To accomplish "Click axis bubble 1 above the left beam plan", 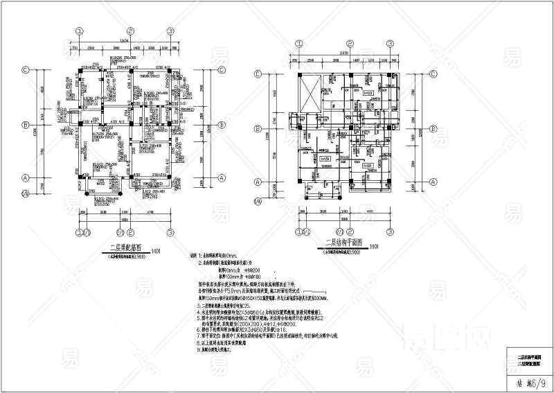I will pos(80,31).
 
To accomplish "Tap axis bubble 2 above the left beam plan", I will pos(129,31).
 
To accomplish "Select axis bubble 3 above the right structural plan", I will pos(389,42).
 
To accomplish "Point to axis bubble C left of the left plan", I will pos(26,69).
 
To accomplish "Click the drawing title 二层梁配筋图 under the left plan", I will pos(123,247).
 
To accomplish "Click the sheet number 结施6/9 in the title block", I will pos(530,380).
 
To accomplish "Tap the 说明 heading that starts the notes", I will pos(193,256).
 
